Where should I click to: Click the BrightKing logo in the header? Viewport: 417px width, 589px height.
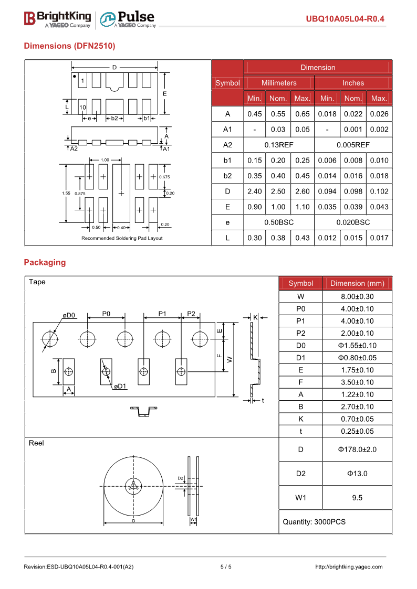(x=57, y=19)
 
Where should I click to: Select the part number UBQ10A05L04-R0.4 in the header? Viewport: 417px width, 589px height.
(x=345, y=19)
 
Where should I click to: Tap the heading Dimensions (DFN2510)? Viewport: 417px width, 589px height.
(x=69, y=46)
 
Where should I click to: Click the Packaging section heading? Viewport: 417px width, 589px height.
(x=45, y=262)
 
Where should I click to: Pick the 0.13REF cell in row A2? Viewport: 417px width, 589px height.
(x=278, y=145)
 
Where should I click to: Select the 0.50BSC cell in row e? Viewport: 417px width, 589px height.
(x=278, y=222)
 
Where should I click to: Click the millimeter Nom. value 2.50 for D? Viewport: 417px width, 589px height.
(x=278, y=191)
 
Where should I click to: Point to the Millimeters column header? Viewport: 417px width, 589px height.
(x=279, y=83)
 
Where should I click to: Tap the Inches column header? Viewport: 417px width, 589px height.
(x=353, y=83)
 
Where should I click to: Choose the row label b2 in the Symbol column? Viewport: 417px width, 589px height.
(x=227, y=176)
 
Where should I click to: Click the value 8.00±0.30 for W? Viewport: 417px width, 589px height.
(x=357, y=296)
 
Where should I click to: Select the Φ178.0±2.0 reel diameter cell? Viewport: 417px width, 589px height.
(x=357, y=449)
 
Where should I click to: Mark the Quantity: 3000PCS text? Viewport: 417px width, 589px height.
(x=314, y=522)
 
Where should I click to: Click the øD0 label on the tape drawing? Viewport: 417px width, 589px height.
(x=69, y=315)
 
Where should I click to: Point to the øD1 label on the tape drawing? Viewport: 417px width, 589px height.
(x=120, y=387)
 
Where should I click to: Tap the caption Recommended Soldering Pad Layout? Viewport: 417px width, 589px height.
(x=122, y=238)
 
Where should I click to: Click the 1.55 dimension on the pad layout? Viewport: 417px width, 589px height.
(x=66, y=193)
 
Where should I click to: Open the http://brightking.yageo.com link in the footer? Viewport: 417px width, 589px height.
(x=349, y=566)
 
